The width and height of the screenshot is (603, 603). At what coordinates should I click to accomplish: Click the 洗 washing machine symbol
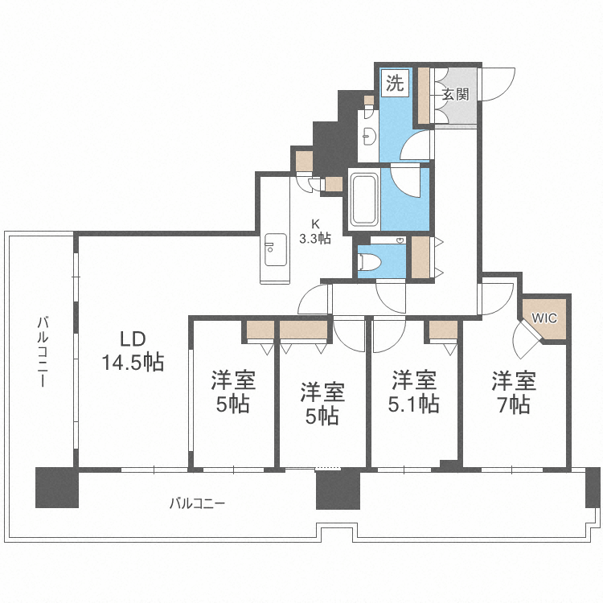pyautogui.click(x=394, y=84)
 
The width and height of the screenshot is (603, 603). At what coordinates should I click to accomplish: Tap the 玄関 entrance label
pyautogui.click(x=455, y=94)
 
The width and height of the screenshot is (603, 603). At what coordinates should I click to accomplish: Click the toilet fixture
pyautogui.click(x=371, y=261)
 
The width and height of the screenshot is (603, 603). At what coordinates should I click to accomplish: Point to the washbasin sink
pyautogui.click(x=369, y=134)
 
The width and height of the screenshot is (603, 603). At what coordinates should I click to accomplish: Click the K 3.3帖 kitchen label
pyautogui.click(x=314, y=232)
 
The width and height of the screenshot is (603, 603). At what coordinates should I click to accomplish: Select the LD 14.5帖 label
pyautogui.click(x=132, y=351)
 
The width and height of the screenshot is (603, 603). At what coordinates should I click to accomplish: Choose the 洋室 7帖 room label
pyautogui.click(x=514, y=392)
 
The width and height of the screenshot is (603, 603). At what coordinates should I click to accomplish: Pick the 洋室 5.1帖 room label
pyautogui.click(x=414, y=392)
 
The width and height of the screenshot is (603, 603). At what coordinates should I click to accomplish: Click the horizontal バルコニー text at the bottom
pyautogui.click(x=197, y=504)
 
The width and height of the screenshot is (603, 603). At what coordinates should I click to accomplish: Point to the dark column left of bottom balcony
pyautogui.click(x=56, y=487)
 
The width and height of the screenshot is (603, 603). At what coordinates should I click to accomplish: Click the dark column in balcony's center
pyautogui.click(x=338, y=489)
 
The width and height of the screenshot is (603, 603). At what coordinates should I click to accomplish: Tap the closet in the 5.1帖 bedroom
pyautogui.click(x=443, y=329)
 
